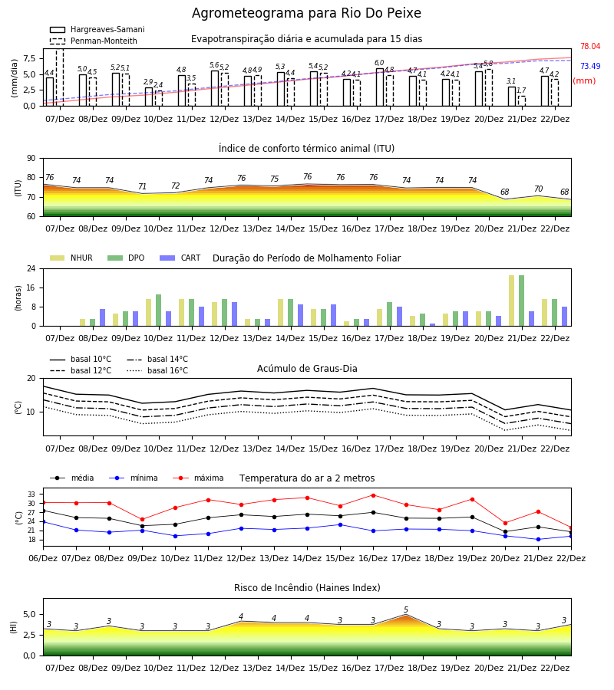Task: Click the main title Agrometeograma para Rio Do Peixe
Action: [306, 13]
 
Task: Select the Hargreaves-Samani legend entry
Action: [97, 29]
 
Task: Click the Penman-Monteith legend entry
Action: [94, 41]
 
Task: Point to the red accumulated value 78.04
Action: [590, 46]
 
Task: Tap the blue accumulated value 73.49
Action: [590, 66]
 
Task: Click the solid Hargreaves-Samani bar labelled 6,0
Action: [380, 87]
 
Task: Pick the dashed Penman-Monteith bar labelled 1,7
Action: [521, 100]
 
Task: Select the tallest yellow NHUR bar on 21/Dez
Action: [511, 301]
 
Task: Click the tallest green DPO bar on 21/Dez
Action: [521, 301]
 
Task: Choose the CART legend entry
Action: [180, 258]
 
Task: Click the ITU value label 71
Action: [142, 186]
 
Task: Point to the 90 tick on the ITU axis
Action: [31, 159]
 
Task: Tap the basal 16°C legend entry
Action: [157, 370]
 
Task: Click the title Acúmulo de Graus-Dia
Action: [307, 368]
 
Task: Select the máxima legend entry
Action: [198, 478]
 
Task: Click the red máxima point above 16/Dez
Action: [374, 495]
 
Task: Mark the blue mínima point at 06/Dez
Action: [43, 522]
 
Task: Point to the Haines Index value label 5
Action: [406, 610]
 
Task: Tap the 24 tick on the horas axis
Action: [31, 268]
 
